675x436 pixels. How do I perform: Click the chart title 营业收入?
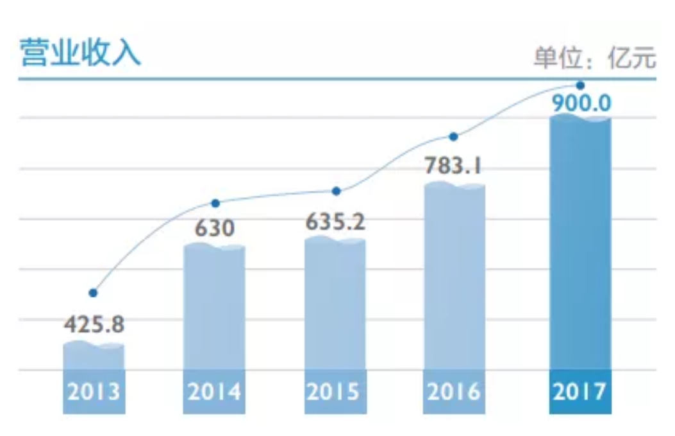tap(80, 53)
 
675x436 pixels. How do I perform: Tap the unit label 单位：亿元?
tap(595, 59)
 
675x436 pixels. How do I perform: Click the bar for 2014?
tap(214, 308)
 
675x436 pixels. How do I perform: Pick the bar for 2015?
tap(335, 305)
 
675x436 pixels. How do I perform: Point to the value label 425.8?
tap(94, 324)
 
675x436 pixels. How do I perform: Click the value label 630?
tap(214, 228)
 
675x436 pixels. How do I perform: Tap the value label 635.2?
tap(335, 223)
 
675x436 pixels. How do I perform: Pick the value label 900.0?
tap(580, 102)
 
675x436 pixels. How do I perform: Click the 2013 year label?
tap(94, 392)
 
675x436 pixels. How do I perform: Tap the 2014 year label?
tap(214, 392)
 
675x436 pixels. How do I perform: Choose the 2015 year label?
tap(335, 392)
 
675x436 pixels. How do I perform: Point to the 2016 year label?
tap(454, 392)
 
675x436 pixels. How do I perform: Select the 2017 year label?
tap(580, 392)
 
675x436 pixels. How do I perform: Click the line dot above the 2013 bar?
tap(94, 293)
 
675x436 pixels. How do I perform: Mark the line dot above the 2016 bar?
tap(453, 136)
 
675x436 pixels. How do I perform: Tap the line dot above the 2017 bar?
tap(580, 85)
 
